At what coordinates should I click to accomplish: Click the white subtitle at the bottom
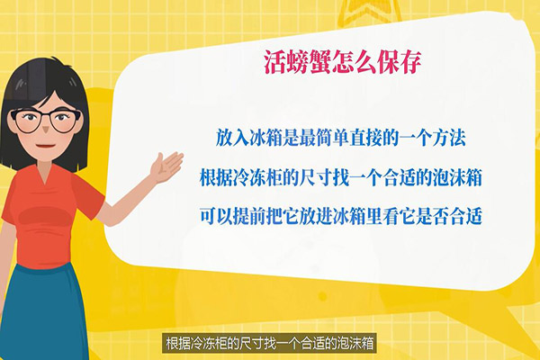(270, 343)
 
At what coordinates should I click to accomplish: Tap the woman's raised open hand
(168, 166)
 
